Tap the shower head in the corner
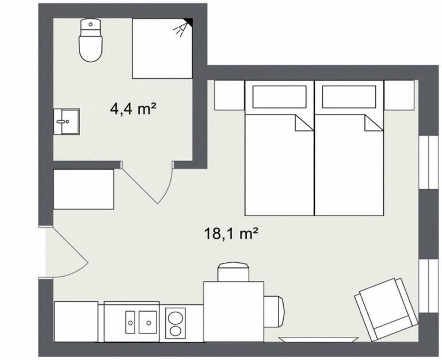184,26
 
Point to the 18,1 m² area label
230,233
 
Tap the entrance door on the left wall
66,253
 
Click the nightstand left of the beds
229,95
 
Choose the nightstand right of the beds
399,95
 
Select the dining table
234,311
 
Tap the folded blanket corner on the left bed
303,122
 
